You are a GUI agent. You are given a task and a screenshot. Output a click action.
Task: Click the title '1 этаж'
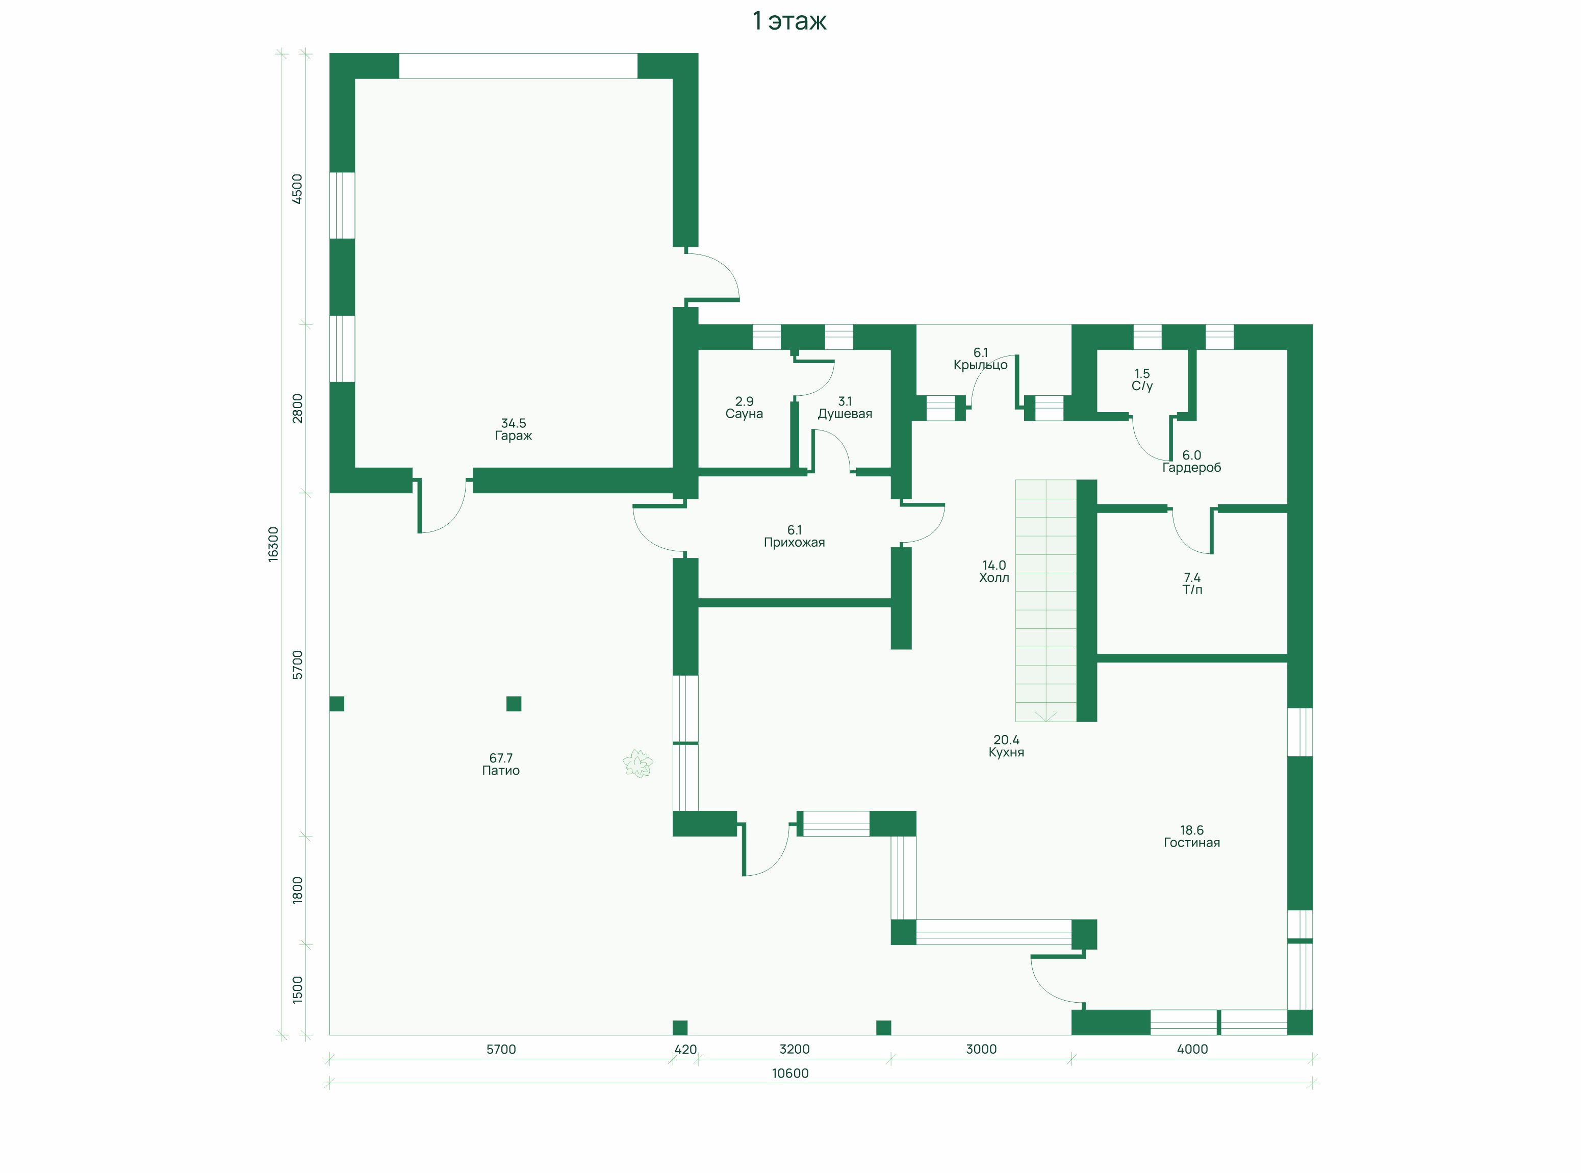(x=789, y=21)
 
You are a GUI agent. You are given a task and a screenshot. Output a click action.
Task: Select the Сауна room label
(x=744, y=414)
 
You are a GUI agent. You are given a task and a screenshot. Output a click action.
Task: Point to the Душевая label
(x=845, y=414)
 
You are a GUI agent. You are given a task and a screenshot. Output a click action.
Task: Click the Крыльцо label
(x=980, y=366)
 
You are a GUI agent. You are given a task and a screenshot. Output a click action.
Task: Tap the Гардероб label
(x=1192, y=468)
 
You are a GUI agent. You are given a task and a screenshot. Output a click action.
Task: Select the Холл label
(x=994, y=578)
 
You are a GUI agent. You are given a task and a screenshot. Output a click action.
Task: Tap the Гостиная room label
(x=1192, y=843)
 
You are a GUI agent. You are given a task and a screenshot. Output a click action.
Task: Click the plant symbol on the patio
(x=638, y=764)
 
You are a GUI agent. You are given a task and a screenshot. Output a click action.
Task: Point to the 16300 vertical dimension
(x=273, y=545)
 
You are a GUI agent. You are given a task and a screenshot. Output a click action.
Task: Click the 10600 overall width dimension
(x=790, y=1074)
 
